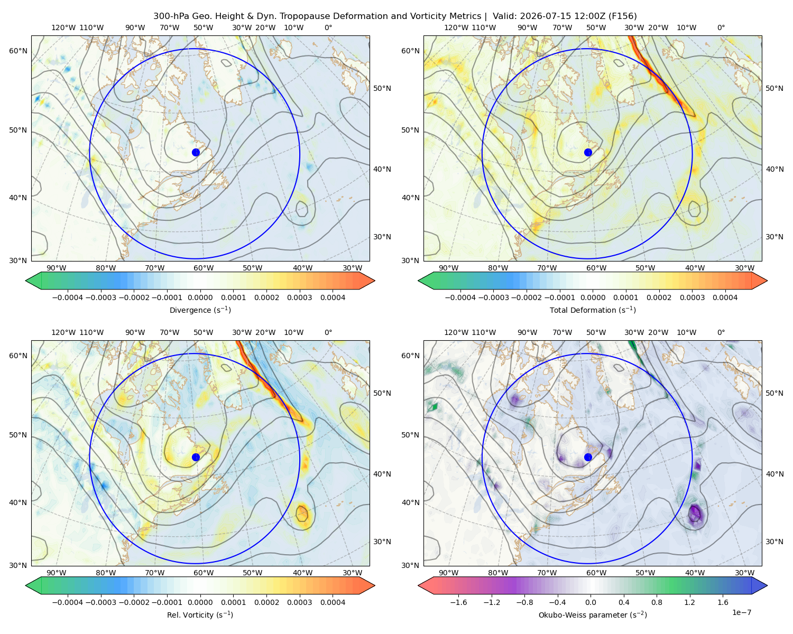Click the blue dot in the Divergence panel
coord(196,152)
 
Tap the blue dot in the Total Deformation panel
coord(588,152)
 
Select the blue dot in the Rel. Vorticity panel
coord(196,457)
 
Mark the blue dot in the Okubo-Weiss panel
coord(588,457)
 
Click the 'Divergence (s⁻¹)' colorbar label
coord(200,310)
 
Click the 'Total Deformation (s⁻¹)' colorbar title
coord(593,310)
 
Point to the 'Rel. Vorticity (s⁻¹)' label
coord(200,614)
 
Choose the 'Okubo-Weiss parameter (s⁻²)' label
coord(593,614)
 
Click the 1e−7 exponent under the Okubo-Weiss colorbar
coord(741,612)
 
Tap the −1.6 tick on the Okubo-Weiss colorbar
coord(458,602)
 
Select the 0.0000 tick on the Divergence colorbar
coord(200,297)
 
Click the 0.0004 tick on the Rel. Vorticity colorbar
coord(333,602)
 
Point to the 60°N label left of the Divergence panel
coord(18,51)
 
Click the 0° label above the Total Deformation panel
coord(721,27)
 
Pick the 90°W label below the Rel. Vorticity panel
coord(57,573)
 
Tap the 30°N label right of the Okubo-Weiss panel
coord(774,541)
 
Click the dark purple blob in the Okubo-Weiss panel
coord(695,513)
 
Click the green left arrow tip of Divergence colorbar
coord(26,281)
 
